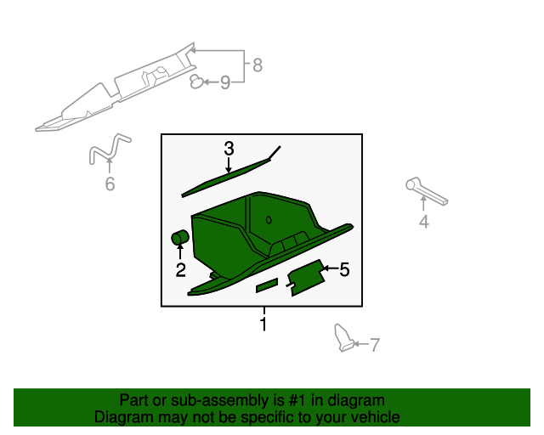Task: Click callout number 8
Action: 258,65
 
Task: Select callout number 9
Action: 225,82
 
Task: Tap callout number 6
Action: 110,184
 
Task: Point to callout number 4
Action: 424,221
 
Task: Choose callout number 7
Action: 375,345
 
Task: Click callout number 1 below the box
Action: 263,324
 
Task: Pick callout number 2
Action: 180,270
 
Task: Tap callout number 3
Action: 229,149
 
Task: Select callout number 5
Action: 344,269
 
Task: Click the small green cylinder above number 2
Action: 180,237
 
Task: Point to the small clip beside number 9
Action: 196,82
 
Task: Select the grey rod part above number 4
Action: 427,191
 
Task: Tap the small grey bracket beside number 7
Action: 343,338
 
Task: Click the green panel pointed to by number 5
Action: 307,278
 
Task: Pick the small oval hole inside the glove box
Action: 269,220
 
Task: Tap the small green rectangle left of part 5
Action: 267,285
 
